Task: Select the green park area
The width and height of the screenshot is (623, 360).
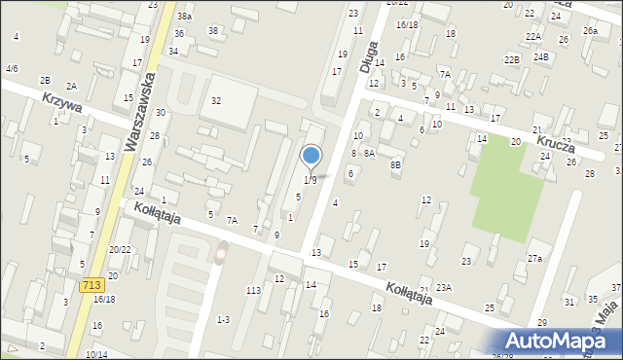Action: (505, 186)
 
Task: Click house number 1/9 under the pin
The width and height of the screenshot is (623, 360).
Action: (310, 180)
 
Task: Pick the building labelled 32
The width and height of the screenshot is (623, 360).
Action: (216, 101)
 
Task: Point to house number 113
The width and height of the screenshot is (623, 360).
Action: (253, 291)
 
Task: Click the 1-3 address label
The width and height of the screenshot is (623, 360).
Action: (224, 319)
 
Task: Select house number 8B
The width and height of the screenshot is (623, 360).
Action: (395, 165)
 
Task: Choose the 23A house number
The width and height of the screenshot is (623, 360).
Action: (444, 287)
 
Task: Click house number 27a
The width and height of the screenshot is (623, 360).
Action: (534, 258)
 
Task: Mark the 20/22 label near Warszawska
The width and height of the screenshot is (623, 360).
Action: (120, 250)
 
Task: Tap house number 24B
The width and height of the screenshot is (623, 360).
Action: (540, 56)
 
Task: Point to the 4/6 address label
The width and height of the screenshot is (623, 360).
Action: (12, 69)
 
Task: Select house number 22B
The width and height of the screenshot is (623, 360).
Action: (512, 59)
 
